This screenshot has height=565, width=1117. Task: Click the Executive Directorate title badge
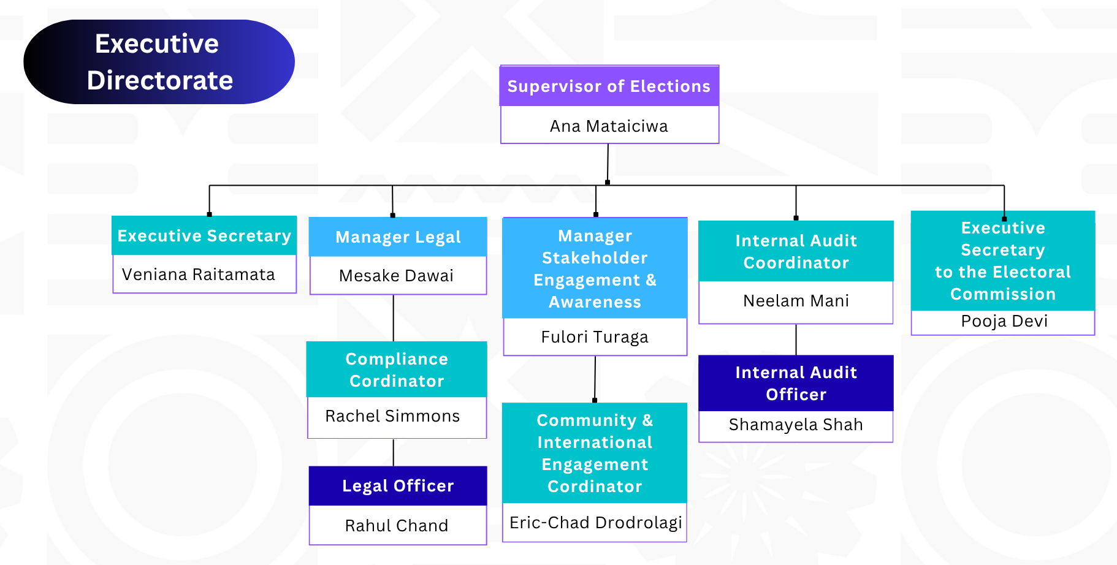coord(159,62)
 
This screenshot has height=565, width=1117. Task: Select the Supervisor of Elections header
coord(609,86)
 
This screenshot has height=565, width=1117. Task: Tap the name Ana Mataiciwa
coord(609,126)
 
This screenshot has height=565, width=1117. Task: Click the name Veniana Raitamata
coord(199,275)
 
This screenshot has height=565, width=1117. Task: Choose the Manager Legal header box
coord(398,237)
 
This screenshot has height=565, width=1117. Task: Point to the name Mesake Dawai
coord(397,276)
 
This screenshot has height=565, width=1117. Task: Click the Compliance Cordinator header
coord(397,370)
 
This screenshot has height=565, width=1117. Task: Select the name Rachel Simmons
coord(393,416)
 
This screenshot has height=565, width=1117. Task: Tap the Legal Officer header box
coord(398,486)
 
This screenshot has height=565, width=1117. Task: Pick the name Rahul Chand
coord(397,526)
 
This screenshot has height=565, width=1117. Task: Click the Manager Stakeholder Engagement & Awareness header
coord(595,268)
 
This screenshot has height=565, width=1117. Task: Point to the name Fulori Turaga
coord(595,337)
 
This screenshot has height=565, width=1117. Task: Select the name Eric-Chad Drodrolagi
coord(595,523)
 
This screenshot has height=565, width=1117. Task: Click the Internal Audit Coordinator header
coord(796,251)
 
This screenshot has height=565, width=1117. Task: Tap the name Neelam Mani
coord(796,301)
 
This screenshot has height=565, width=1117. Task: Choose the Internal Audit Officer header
coord(796,383)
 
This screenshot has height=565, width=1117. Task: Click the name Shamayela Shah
coord(796,425)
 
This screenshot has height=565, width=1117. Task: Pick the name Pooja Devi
coord(1004,322)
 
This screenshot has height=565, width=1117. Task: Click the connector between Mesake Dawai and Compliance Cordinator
coord(394,318)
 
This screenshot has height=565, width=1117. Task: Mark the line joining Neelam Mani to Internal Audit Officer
coord(796,339)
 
